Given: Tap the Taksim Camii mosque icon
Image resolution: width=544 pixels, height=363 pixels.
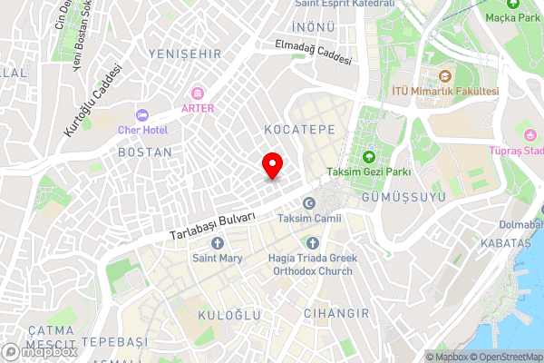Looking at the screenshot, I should click(309, 203).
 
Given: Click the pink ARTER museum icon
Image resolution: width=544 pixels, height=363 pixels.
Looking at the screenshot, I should click(197, 93).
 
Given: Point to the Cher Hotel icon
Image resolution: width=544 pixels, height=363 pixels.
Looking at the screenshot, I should click(141, 114).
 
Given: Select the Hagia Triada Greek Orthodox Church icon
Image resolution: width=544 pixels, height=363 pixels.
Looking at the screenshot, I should click(312, 243).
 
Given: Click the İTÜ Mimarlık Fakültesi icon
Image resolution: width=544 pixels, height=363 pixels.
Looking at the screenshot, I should click(445, 76).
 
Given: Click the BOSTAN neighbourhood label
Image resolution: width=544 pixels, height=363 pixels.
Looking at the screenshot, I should click(145, 152).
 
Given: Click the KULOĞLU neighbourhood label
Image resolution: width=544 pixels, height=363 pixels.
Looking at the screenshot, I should click(229, 314).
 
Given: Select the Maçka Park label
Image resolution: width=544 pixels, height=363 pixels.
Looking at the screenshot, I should click(518, 15).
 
